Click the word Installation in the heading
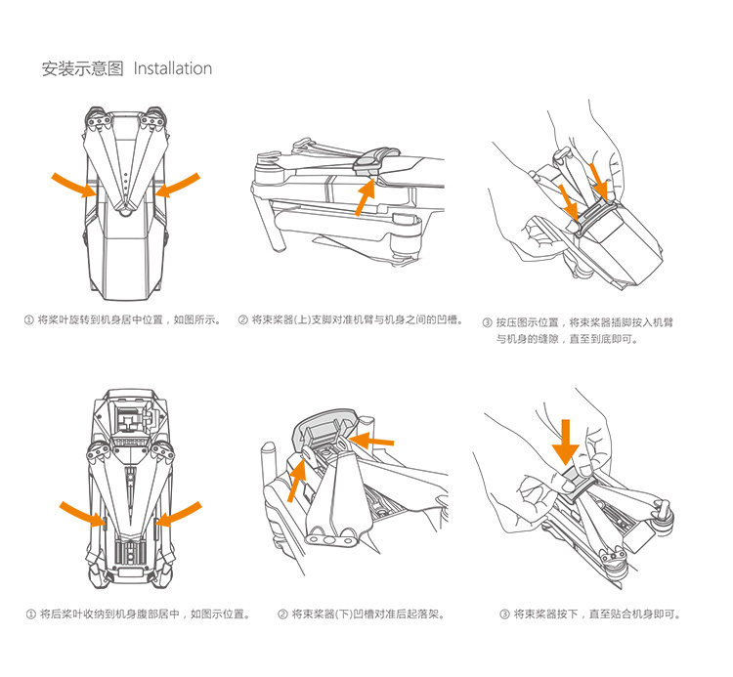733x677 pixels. coord(172,68)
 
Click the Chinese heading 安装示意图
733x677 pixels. coord(82,68)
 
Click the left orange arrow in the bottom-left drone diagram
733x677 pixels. coord(82,515)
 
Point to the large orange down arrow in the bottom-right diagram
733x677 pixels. coord(565,441)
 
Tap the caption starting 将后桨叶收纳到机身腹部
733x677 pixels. coord(144,614)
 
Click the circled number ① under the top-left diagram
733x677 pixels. coord(29,319)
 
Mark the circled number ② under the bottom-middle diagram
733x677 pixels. coord(282,614)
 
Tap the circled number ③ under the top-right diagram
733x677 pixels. coord(487,321)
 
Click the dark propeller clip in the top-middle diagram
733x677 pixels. coord(372,162)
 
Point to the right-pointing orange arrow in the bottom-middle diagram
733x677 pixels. coord(295,480)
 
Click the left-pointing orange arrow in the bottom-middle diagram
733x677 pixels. coord(372,442)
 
